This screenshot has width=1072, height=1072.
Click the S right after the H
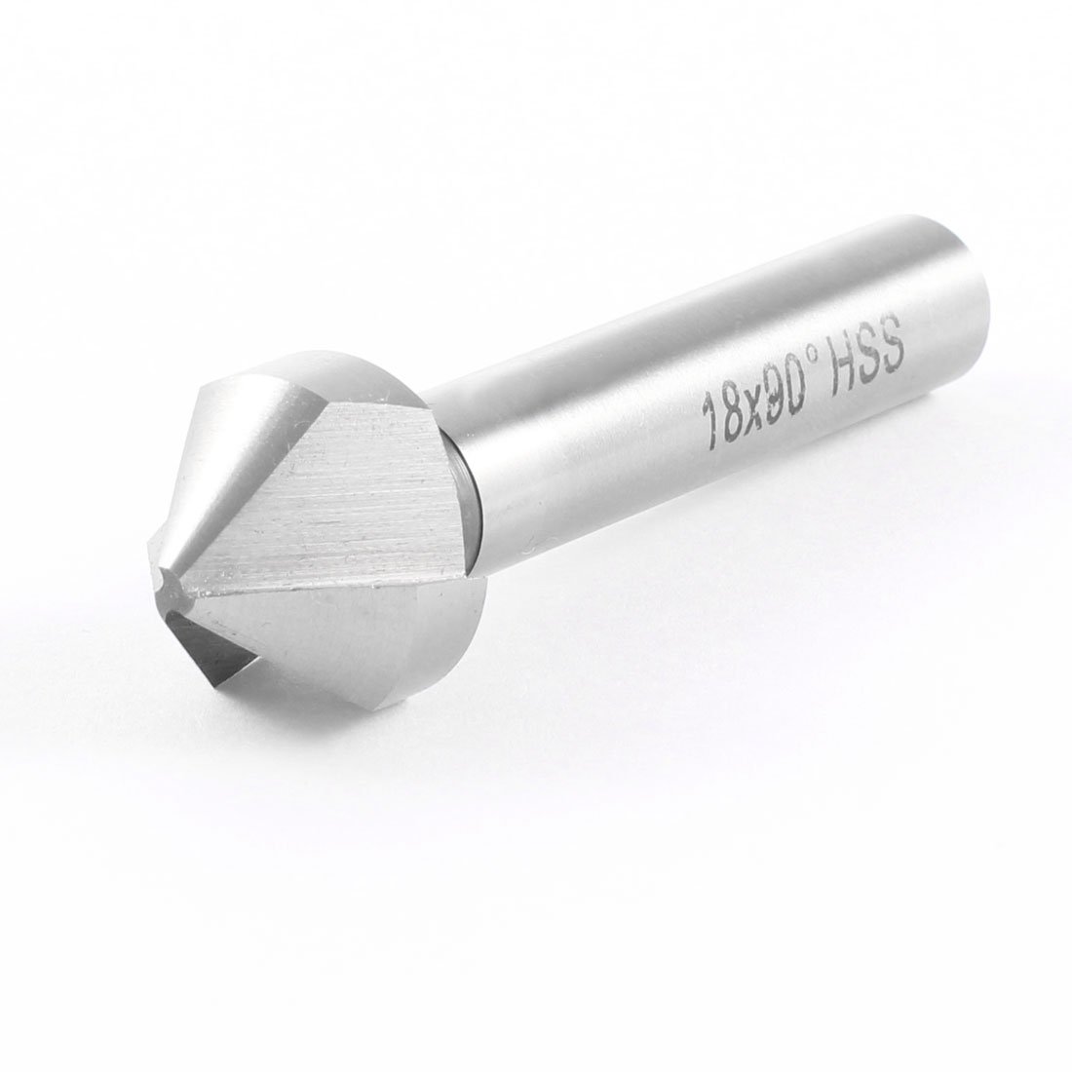point(865,362)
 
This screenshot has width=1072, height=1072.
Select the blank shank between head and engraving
point(585,468)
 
